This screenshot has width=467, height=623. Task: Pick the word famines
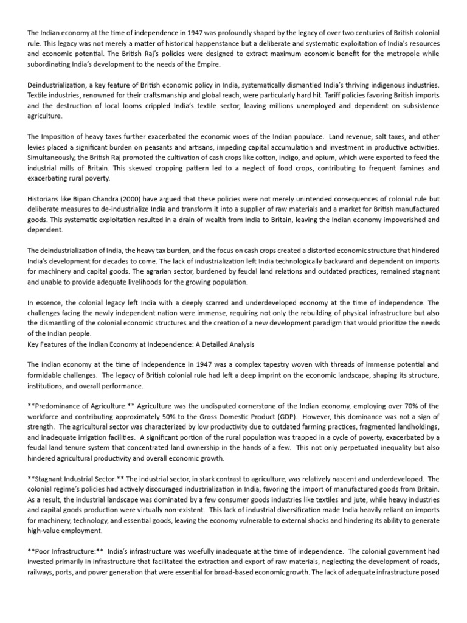(x=400, y=166)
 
